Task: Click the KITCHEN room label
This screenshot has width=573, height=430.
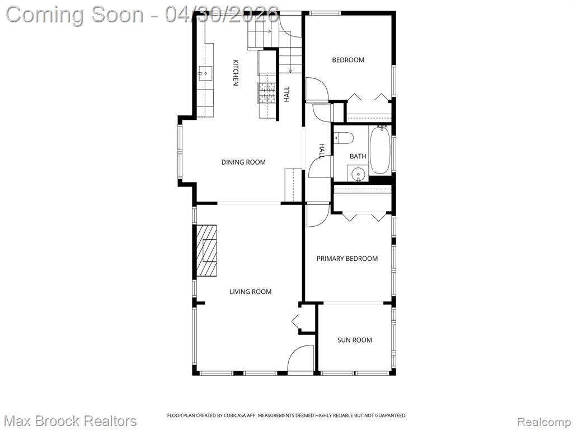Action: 236,72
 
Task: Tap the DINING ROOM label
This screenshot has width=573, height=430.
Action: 243,162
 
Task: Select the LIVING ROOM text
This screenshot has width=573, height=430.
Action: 250,291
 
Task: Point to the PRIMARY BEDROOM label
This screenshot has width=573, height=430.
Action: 347,259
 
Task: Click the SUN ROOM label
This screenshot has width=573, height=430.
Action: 354,340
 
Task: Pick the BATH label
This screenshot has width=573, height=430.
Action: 358,156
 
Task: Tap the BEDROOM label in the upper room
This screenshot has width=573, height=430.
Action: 348,59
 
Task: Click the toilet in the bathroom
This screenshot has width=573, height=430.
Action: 343,138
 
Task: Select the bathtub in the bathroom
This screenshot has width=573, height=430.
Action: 380,150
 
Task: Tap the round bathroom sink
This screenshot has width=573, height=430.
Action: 358,174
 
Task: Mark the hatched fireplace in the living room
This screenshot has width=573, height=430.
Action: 206,250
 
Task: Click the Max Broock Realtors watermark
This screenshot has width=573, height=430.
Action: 71,421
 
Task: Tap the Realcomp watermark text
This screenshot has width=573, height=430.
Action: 544,422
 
